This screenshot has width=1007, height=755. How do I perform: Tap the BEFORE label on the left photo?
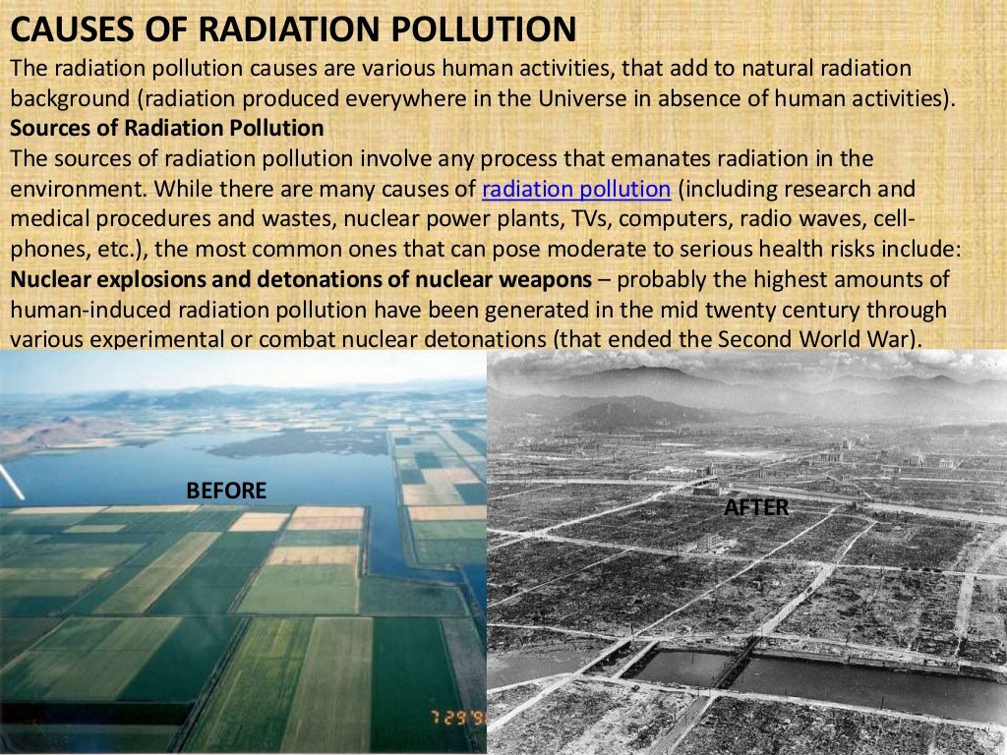point(226,491)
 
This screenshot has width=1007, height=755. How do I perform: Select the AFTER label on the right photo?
point(755,507)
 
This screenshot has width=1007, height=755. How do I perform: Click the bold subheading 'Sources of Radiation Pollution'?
point(166,128)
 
